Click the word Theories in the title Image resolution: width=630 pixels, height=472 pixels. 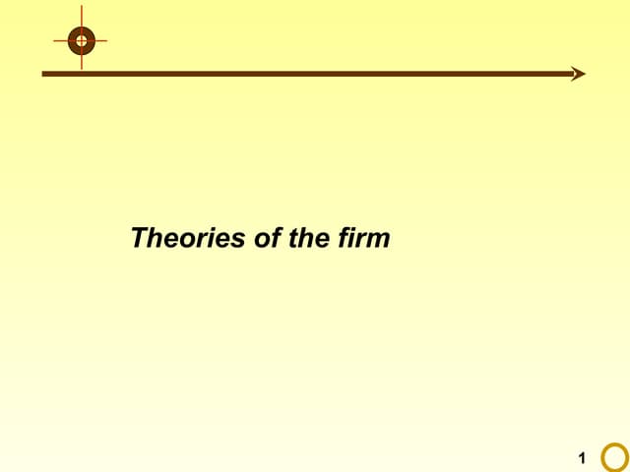(189, 238)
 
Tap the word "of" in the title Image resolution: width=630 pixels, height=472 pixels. (268, 238)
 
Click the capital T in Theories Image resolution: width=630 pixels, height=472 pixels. (140, 238)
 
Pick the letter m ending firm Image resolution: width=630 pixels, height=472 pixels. (380, 240)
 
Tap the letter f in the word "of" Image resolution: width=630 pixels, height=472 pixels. (276, 238)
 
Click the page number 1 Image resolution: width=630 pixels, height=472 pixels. (582, 457)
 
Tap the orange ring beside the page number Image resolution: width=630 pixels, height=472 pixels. (614, 457)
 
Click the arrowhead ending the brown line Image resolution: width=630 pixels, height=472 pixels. (579, 74)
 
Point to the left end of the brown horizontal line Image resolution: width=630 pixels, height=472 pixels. (43, 74)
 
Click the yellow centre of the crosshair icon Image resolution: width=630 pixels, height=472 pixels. (81, 41)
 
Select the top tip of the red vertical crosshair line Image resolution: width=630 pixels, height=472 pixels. (81, 17)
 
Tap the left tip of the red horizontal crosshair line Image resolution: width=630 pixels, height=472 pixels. (55, 41)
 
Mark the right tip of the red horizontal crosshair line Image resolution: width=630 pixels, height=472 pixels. (106, 41)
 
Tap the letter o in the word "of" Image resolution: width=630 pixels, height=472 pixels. (263, 240)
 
